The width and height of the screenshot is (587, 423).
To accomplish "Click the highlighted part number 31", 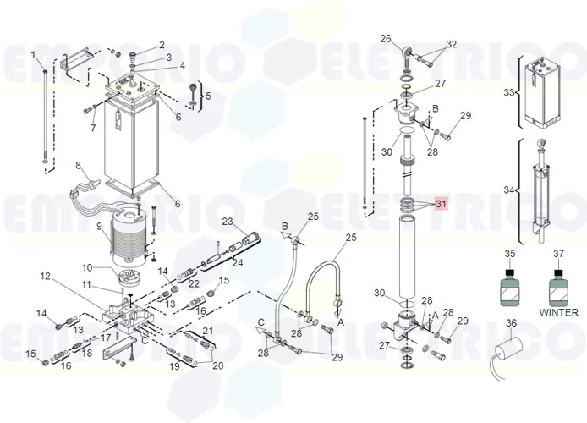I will coord(441,204).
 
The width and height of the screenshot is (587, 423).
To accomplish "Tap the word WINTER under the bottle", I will coord(558,312).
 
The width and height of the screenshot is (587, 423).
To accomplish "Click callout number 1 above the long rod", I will coord(35,55).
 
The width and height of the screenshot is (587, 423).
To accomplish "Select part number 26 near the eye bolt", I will coord(386,39).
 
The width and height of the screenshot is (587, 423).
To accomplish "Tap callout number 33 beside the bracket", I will coord(508,92).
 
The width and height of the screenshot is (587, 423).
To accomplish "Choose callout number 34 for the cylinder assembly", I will coord(508,190).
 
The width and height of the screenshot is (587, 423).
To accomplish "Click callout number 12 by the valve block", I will coord(45,276).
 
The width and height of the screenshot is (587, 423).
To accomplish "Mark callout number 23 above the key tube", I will coord(227,222).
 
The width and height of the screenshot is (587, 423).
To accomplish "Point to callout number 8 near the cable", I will coord(79,166).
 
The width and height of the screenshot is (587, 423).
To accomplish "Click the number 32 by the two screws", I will coord(451,44).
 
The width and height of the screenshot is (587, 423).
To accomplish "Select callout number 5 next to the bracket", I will coord(208,96).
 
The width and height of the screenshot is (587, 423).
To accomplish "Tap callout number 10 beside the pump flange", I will coord(88,268).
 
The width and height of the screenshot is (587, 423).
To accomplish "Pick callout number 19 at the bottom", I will coord(175,367).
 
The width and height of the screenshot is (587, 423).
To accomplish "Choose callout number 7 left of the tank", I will coord(93,128).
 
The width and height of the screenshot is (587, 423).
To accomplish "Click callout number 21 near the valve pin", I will coord(208,330).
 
